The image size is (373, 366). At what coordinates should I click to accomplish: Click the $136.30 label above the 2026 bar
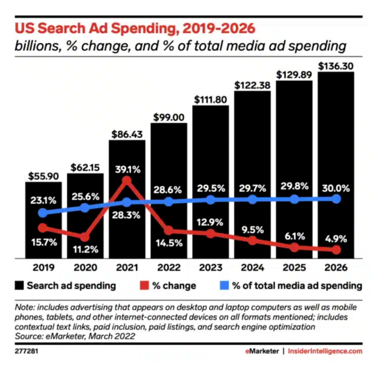[x=336, y=66]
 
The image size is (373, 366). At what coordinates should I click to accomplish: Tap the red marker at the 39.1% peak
[x=127, y=181]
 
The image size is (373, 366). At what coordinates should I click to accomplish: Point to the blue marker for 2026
[x=336, y=199]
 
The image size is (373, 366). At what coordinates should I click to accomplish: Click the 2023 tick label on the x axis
[x=210, y=268]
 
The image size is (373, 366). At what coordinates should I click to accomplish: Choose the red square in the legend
[x=144, y=286]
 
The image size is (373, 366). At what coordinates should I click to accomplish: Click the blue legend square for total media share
[x=224, y=286]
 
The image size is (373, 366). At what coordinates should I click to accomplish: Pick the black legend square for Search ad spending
[x=20, y=286]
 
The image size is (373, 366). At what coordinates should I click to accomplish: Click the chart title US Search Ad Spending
[x=135, y=28]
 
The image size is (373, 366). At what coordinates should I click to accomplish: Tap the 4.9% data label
[x=336, y=239]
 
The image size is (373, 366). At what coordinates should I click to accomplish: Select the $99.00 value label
[x=169, y=117]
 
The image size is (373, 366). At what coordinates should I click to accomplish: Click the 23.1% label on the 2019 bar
[x=44, y=200]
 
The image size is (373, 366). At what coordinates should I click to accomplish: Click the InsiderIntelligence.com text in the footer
[x=325, y=351]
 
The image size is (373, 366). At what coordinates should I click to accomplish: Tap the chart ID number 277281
[x=24, y=351]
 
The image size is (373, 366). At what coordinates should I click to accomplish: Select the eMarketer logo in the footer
[x=262, y=351]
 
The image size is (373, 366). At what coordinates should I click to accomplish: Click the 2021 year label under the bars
[x=127, y=268]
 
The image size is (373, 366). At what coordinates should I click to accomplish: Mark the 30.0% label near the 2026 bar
[x=336, y=188]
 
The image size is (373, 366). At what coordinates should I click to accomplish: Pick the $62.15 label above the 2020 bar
[x=85, y=168]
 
